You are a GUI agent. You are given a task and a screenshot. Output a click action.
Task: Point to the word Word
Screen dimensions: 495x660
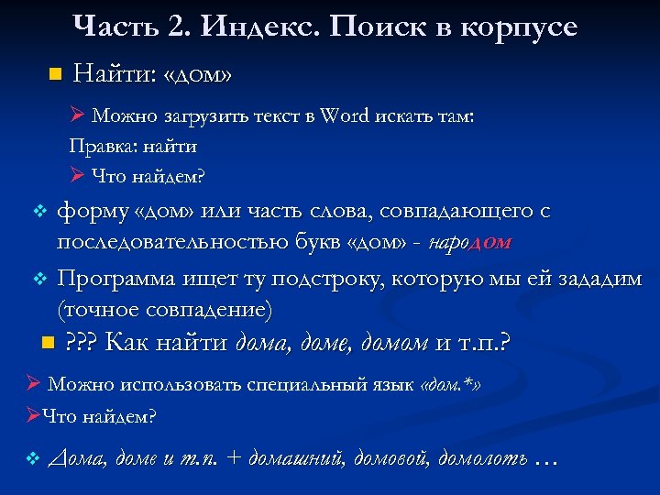pyautogui.click(x=344, y=116)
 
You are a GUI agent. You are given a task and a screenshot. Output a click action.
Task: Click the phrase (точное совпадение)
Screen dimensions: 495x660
pyautogui.click(x=164, y=309)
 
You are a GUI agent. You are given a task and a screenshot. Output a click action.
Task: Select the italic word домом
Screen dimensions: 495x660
pyautogui.click(x=395, y=344)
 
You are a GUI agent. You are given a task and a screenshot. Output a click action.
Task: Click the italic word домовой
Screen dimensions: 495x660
pyautogui.click(x=396, y=457)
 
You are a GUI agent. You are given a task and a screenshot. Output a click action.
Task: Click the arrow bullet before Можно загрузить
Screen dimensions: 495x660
pyautogui.click(x=78, y=116)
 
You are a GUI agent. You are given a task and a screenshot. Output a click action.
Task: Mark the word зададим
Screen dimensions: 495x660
pyautogui.click(x=597, y=278)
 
